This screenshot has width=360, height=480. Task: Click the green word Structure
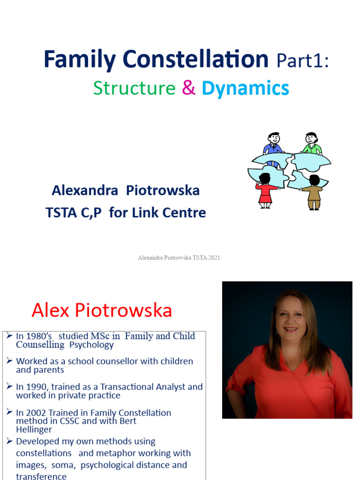134,88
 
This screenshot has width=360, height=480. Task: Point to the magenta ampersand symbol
188,88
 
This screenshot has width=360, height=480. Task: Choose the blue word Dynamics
245,89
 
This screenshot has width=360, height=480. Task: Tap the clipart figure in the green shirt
311,143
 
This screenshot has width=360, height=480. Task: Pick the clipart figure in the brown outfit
314,192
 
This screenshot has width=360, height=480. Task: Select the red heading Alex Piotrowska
102,310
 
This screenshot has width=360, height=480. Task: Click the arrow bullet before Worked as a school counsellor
10,361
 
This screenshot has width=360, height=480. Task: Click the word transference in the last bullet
41,476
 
